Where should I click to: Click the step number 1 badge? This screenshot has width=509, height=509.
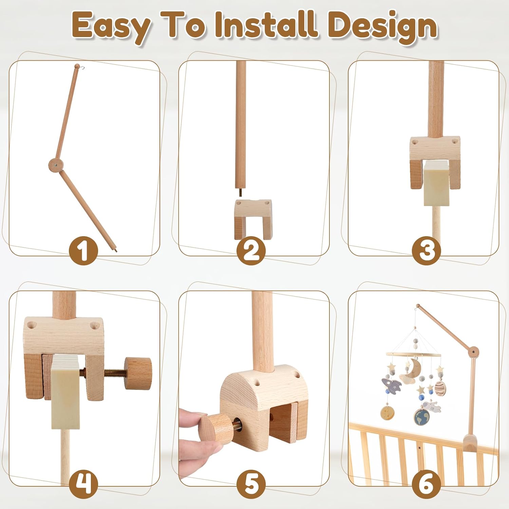tap(83, 251)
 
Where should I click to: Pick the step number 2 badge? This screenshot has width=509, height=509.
tap(251, 251)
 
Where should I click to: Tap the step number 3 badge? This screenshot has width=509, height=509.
tap(427, 251)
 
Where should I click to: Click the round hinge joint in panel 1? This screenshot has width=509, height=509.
tap(56, 165)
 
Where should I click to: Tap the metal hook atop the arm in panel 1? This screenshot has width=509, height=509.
tap(81, 67)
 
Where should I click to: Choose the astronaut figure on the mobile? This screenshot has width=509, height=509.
tap(432, 407)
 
